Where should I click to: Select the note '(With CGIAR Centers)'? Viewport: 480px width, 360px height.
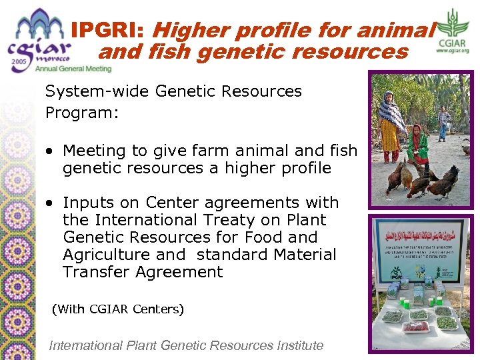click(117, 309)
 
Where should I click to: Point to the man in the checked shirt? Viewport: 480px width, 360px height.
click(443, 122)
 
